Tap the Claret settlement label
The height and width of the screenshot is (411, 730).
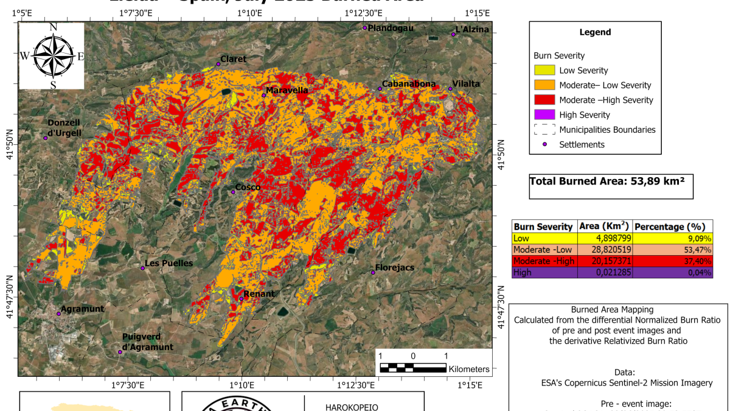pos(234,59)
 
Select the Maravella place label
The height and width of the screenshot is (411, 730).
pos(287,91)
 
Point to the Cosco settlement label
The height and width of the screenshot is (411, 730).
pos(248,188)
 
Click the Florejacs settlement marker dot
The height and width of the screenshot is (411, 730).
pos(373,272)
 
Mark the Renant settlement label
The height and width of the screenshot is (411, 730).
pos(259,294)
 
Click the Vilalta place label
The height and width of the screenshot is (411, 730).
pos(466,84)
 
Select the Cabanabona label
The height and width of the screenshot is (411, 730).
pos(409,84)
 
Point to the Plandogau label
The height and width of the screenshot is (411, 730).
pos(391,28)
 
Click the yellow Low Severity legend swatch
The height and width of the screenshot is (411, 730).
pos(544,71)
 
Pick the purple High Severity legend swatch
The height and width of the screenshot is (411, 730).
pos(544,114)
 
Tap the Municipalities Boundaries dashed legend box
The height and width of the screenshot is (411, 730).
pos(544,130)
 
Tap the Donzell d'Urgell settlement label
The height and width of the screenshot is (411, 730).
pos(64,127)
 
